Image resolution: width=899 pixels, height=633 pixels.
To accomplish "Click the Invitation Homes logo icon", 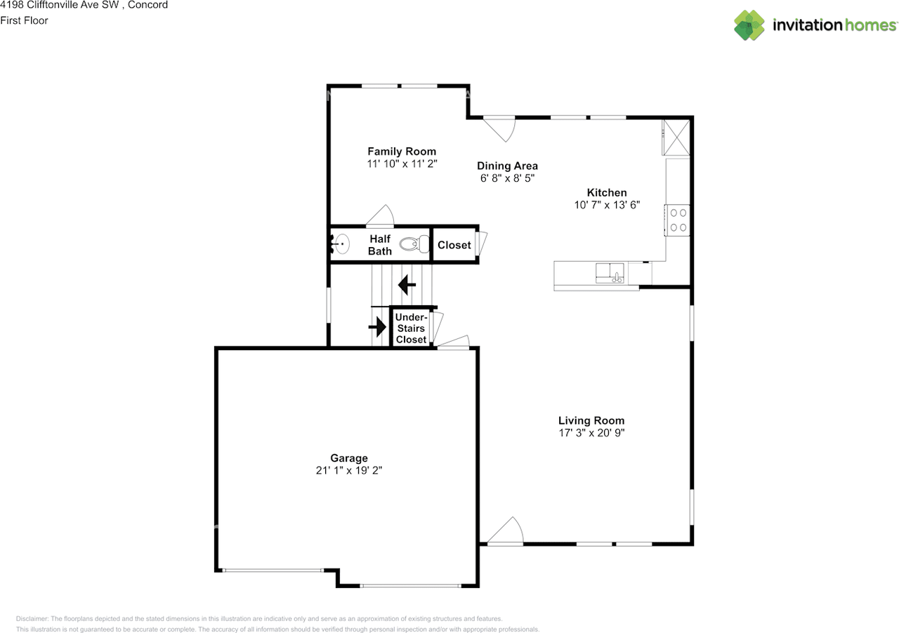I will (749, 25).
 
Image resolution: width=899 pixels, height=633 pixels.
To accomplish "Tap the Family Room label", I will (402, 152).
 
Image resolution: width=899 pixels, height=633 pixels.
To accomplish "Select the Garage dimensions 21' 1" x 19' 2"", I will (348, 471).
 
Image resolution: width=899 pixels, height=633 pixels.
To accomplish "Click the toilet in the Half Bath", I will (415, 245).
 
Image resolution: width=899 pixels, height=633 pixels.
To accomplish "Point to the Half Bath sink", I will (341, 244).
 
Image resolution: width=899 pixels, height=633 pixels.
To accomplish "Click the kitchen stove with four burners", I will (678, 220).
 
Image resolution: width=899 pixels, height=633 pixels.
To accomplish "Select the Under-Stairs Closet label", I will (411, 328).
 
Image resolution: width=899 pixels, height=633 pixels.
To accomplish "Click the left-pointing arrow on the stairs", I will (407, 285).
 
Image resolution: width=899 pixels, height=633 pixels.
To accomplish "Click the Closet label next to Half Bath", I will (454, 245).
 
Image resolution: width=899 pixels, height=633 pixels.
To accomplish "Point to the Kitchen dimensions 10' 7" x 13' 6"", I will (607, 206).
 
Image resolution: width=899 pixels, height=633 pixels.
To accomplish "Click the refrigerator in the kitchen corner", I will (676, 136).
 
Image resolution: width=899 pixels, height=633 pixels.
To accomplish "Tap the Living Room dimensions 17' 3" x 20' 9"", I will (591, 433).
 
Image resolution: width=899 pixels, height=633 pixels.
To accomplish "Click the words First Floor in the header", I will (24, 20).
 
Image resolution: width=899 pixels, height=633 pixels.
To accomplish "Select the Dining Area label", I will (507, 166).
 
